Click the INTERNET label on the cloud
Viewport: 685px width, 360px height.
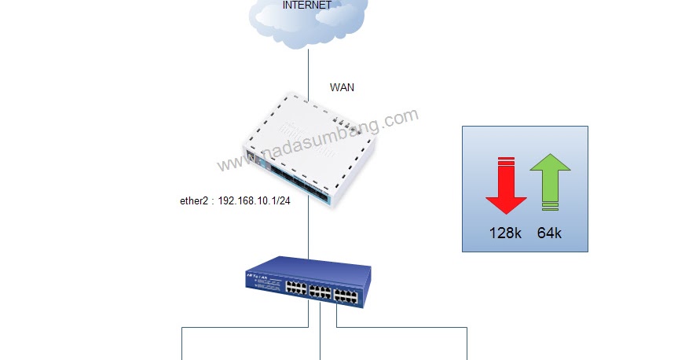point(306,6)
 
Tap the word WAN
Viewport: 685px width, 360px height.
point(342,87)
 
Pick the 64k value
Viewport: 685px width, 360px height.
point(549,233)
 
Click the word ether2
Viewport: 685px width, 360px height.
point(196,200)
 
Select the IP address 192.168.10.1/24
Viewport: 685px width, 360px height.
point(255,200)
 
